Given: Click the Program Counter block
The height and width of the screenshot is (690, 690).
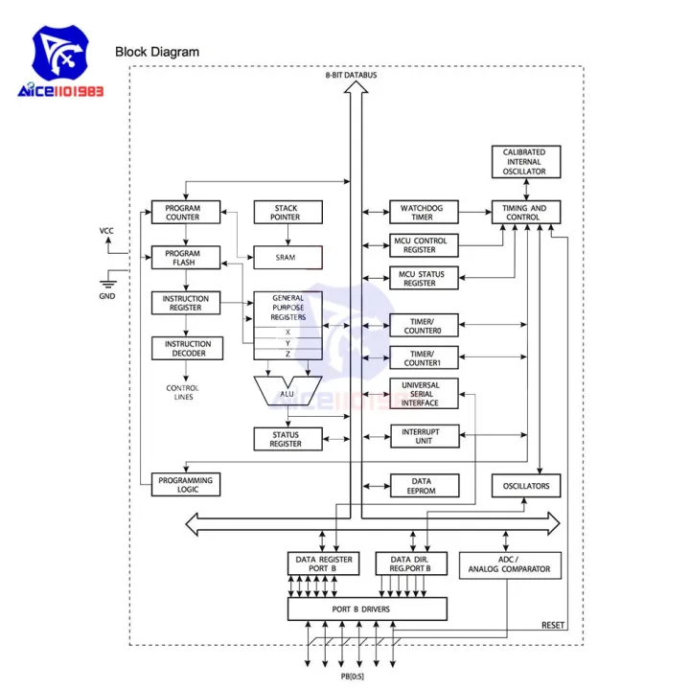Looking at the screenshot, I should (x=186, y=212).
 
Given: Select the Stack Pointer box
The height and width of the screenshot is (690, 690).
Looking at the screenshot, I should (x=287, y=212).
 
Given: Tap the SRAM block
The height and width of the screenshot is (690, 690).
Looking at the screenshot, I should (x=287, y=258).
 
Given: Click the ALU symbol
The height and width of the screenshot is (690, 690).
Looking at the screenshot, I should (x=287, y=390).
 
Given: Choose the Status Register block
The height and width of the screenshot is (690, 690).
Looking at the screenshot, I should (x=287, y=439).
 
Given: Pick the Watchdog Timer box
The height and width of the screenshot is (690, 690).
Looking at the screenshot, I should (x=423, y=212).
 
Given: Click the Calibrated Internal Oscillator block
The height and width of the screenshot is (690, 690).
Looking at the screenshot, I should (x=525, y=162).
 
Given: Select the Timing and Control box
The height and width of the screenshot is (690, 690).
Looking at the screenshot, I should (x=525, y=212).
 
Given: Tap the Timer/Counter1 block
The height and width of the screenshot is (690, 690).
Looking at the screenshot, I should (x=423, y=357).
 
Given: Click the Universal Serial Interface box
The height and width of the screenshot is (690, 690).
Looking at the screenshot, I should (x=423, y=394).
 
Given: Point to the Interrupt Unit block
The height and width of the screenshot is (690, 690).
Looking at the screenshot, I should (x=423, y=435).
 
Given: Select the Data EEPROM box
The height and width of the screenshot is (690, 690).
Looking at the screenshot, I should (x=423, y=486).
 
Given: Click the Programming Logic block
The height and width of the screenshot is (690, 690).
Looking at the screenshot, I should (x=186, y=485).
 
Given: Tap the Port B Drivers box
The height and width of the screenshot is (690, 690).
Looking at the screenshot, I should (x=367, y=609).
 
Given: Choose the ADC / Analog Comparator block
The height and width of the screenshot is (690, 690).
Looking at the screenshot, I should (x=509, y=564).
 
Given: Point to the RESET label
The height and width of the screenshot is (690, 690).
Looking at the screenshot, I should (x=553, y=625).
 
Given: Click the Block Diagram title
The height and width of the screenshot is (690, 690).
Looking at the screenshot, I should (x=157, y=52).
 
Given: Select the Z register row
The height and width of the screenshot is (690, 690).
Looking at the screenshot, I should (x=287, y=354).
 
